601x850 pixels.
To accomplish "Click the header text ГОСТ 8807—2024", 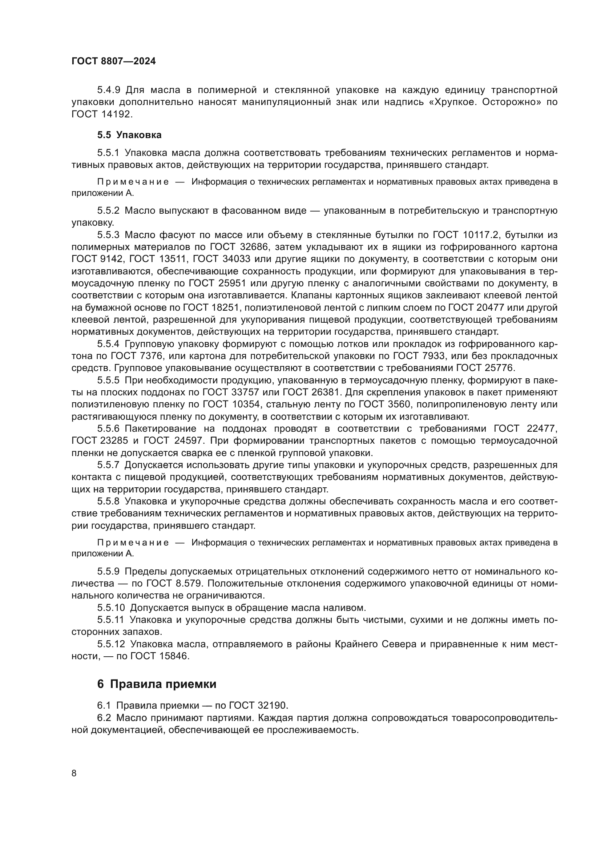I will click(x=114, y=61).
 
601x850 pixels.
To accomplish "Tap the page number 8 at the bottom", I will click(x=74, y=773).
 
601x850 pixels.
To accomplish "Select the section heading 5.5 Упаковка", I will click(x=129, y=135).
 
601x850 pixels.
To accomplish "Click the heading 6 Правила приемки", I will click(x=157, y=684).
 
